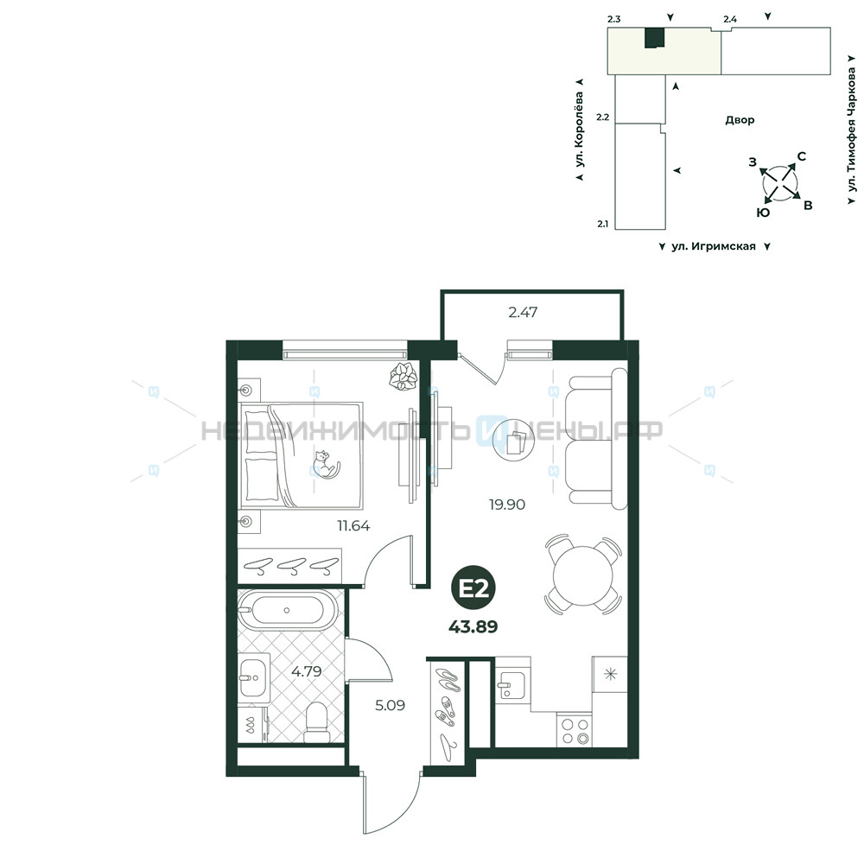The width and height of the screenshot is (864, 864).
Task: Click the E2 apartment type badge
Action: [x=473, y=589]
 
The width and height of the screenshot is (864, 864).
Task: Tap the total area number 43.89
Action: [x=473, y=627]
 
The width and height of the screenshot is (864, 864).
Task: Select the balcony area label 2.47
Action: [x=523, y=313]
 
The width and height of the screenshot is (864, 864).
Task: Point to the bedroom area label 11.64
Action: [x=353, y=525]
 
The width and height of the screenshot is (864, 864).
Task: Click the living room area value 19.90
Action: [x=507, y=505]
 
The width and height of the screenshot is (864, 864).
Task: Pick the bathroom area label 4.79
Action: [x=307, y=671]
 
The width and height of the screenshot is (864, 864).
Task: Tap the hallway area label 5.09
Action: [x=391, y=705]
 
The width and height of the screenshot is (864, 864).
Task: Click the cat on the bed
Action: [x=327, y=464]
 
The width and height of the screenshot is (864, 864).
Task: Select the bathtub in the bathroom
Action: [x=287, y=610]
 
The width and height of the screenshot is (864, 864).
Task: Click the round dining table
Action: [x=583, y=575]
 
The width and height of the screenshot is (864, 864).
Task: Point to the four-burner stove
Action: [x=575, y=731]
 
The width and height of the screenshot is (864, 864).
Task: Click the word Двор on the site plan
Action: [x=740, y=120]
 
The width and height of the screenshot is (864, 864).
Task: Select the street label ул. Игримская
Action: [x=714, y=246]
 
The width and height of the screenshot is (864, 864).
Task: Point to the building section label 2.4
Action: [x=730, y=19]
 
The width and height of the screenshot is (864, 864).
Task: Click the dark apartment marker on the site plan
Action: [x=655, y=38]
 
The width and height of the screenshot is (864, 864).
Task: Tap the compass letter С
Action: [x=802, y=156]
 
